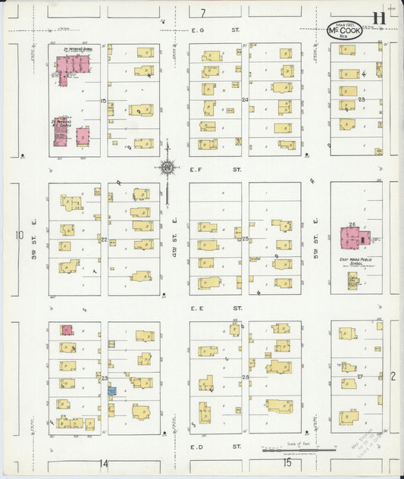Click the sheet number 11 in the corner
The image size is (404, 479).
(x=377, y=20)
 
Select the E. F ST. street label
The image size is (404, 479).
(x=202, y=171)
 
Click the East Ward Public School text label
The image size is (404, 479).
(x=354, y=262)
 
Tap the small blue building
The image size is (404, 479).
(x=112, y=391)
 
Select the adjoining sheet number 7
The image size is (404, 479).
(x=202, y=13)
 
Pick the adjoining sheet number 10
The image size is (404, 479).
(x=18, y=235)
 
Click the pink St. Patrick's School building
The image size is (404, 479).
(x=70, y=67)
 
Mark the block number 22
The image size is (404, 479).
(x=104, y=239)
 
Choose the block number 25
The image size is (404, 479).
(x=246, y=239)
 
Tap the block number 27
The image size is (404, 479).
(x=361, y=377)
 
